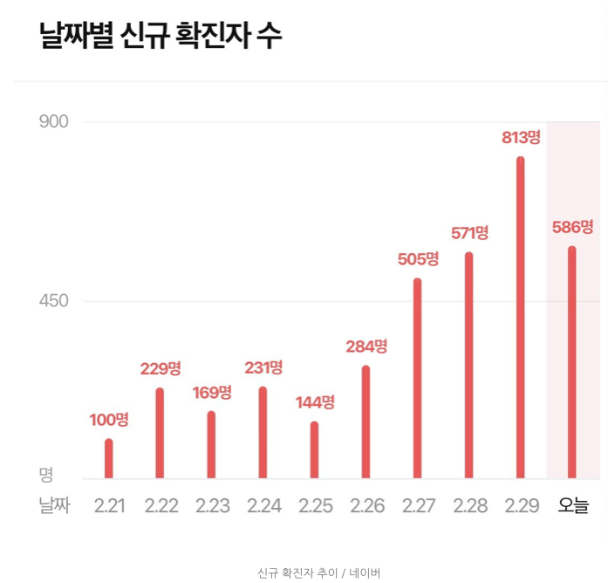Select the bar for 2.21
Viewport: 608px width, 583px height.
[109, 458]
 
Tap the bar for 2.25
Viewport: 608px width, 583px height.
[314, 449]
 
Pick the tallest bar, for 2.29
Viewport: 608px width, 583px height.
[521, 319]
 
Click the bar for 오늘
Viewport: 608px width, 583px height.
[572, 362]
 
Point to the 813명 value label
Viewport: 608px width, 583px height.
[521, 137]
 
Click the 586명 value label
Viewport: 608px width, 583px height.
[572, 227]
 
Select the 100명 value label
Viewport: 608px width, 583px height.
[109, 420]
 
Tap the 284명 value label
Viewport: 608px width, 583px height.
[366, 346]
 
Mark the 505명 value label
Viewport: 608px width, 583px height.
[418, 259]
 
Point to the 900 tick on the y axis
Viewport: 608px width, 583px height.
[54, 121]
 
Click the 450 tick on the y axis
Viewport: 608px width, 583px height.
[54, 301]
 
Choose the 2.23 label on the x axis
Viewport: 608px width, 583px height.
[212, 506]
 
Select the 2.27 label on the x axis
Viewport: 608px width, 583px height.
[418, 506]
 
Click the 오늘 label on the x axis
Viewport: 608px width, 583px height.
[573, 506]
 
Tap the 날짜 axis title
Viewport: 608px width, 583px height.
[54, 506]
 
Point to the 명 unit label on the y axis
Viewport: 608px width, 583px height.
[46, 475]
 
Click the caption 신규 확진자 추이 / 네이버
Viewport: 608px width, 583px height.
[319, 573]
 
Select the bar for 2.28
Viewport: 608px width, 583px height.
[469, 366]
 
